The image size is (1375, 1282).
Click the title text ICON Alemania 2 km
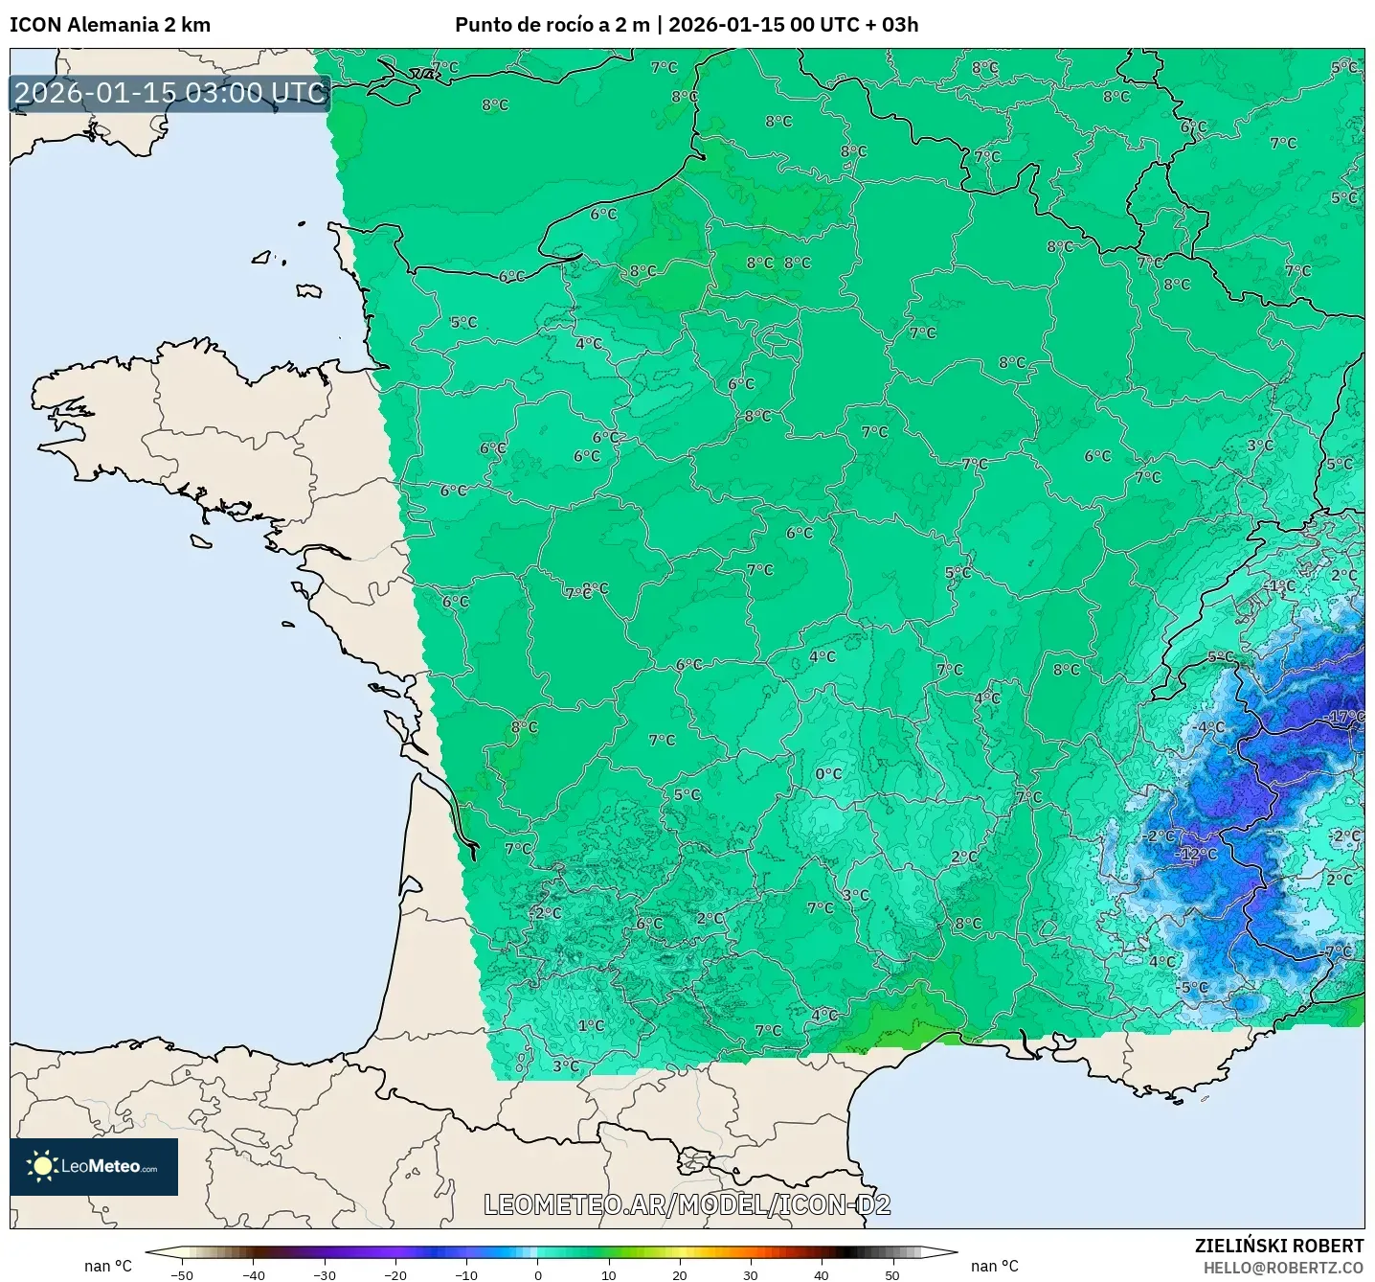click(x=110, y=25)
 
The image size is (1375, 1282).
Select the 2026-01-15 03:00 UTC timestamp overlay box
click(x=170, y=93)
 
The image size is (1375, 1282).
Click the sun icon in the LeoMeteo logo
click(x=42, y=1166)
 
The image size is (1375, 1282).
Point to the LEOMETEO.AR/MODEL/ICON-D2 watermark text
click(x=687, y=1204)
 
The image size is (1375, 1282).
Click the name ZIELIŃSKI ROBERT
click(x=1278, y=1246)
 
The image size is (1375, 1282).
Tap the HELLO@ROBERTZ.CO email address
click(x=1283, y=1268)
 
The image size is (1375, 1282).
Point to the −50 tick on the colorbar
click(x=181, y=1274)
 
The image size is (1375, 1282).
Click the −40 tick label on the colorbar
click(x=253, y=1274)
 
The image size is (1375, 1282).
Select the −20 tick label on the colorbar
click(x=395, y=1274)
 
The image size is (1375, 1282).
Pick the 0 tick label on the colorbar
click(x=538, y=1274)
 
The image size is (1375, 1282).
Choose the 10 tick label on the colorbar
click(x=609, y=1274)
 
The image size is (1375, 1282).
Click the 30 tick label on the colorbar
click(x=751, y=1274)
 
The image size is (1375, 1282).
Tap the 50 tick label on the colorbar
click(x=892, y=1274)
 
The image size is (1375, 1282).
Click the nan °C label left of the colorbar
click(x=108, y=1266)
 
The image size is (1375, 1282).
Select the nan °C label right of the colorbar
click(x=994, y=1266)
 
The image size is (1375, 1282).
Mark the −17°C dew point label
click(x=1346, y=717)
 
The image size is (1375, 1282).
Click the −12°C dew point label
click(x=1198, y=854)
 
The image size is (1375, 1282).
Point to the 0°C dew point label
click(x=829, y=774)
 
